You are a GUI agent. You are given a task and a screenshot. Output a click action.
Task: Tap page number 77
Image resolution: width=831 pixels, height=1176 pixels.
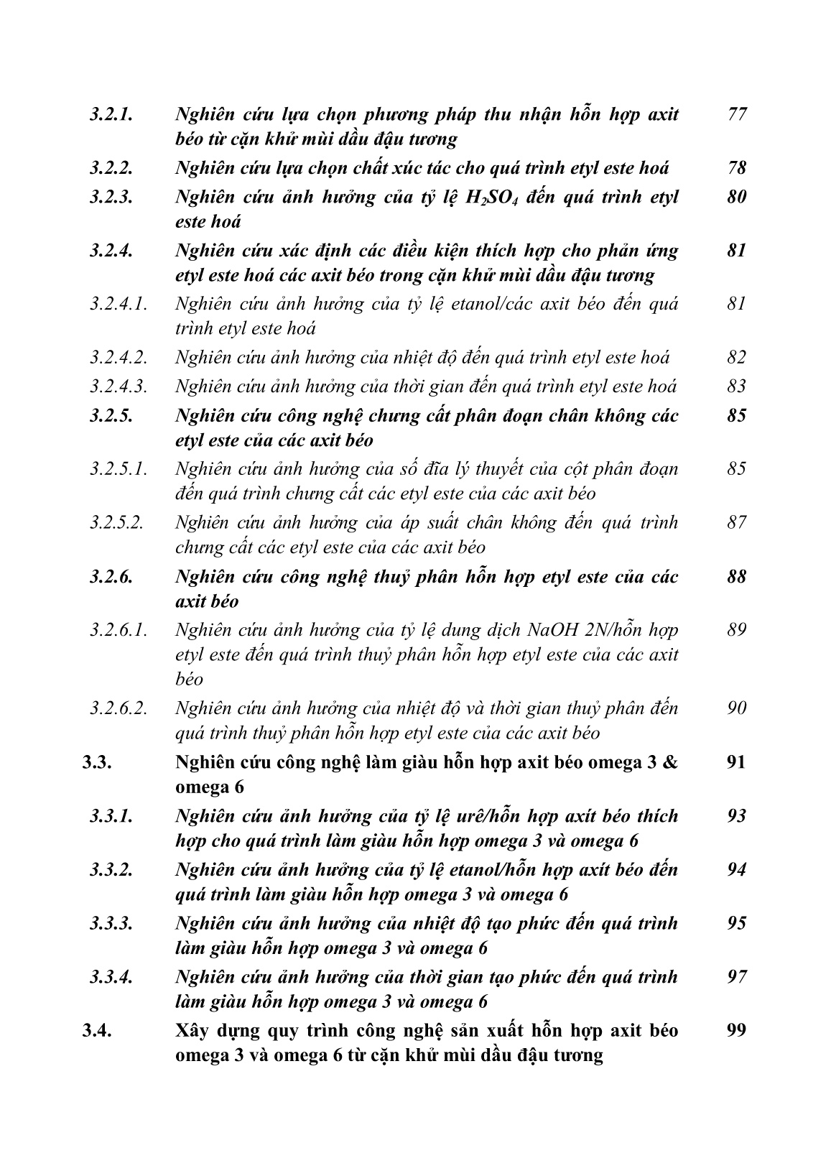[x=737, y=114]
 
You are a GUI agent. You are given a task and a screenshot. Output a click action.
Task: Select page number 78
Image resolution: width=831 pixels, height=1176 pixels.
[x=737, y=168]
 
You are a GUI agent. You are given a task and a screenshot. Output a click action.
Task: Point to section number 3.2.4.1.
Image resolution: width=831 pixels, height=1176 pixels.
[x=119, y=304]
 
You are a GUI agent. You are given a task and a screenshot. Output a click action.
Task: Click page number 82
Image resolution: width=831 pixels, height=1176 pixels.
[x=737, y=358]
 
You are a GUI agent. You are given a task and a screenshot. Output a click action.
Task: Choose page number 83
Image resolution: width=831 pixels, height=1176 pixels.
[x=737, y=386]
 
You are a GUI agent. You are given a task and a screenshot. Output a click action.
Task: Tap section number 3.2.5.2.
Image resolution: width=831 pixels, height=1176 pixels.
[x=119, y=523]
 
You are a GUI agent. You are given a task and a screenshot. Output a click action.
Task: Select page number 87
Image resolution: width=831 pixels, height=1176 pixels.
[x=737, y=523]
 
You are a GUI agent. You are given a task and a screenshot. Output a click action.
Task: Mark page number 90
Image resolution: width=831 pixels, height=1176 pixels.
[x=737, y=708]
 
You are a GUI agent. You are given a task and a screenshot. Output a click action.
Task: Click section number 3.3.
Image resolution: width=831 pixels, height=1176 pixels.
[x=96, y=762]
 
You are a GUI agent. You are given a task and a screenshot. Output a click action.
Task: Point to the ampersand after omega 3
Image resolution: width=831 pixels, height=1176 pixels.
[x=670, y=762]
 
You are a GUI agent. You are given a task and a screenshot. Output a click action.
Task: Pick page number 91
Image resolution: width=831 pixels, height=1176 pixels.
[x=737, y=762]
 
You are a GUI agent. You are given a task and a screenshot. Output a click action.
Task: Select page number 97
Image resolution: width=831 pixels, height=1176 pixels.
[x=737, y=977]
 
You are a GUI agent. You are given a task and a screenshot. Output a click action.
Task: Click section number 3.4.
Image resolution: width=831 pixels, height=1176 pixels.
[x=96, y=1031]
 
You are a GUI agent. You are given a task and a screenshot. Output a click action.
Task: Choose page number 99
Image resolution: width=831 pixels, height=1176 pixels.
[x=737, y=1031]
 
